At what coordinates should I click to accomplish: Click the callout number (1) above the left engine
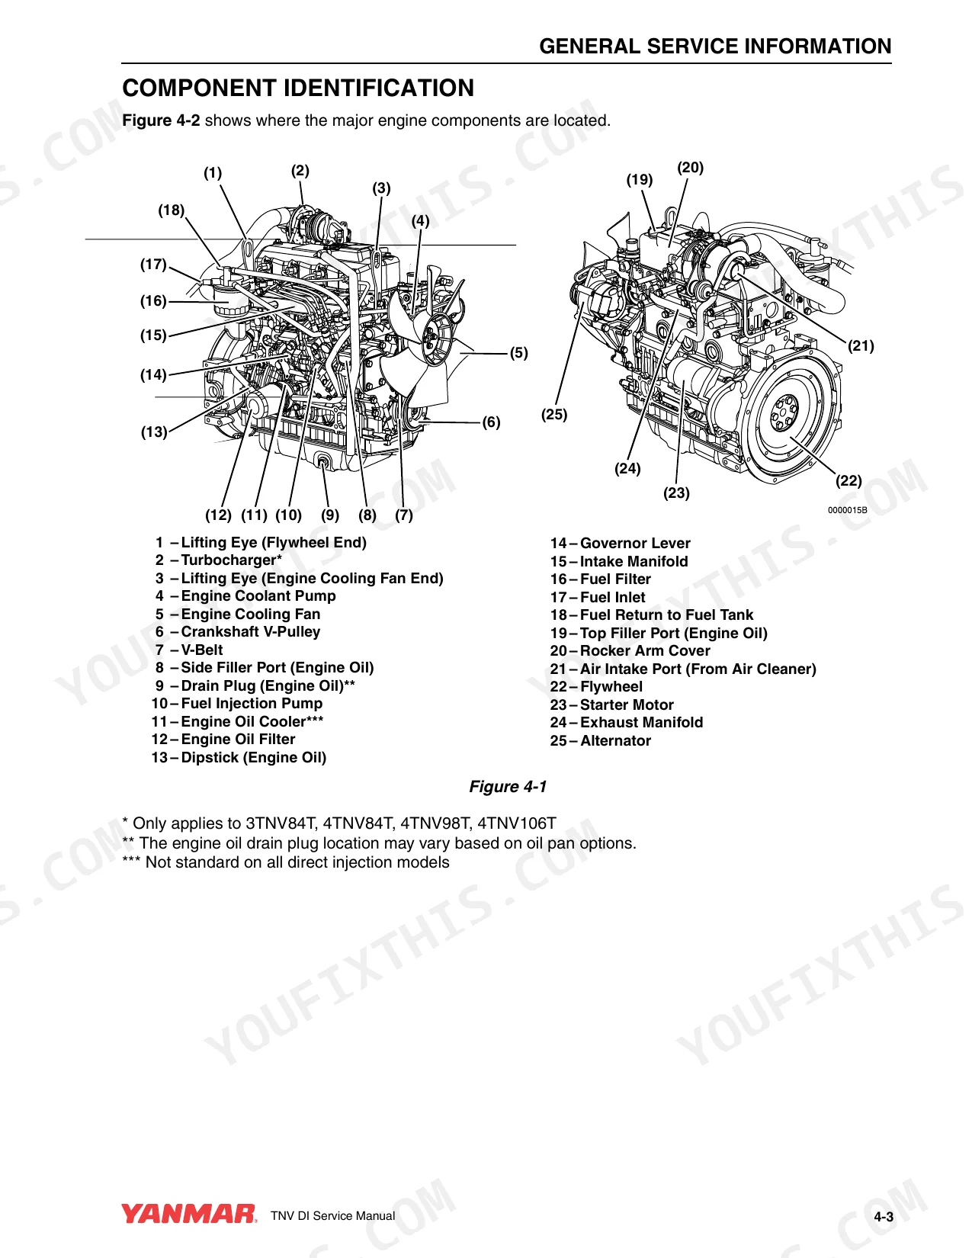point(213,172)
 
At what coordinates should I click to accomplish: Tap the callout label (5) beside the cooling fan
point(518,352)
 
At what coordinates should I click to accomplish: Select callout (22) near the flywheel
point(848,480)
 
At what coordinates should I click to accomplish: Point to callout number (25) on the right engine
point(554,415)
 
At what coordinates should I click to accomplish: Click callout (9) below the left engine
point(330,515)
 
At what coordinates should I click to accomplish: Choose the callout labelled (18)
point(172,210)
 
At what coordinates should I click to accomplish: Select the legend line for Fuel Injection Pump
point(237,704)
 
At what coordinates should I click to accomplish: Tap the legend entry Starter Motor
point(612,704)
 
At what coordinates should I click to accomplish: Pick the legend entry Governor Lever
point(620,543)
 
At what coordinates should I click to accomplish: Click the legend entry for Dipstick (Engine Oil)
point(239,757)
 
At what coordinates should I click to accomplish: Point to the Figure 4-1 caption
point(508,786)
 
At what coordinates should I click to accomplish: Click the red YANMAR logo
point(188,1214)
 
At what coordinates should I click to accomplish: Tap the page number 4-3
point(884,1216)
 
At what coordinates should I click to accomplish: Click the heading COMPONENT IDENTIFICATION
point(298,88)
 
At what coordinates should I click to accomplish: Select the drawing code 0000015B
point(847,510)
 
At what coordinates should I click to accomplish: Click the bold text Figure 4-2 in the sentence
point(161,120)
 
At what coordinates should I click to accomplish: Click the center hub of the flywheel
point(785,412)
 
